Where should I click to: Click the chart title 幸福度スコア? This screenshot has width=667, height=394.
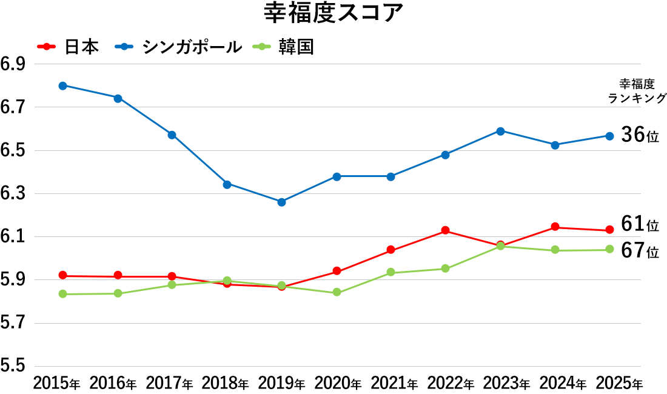pos(333,13)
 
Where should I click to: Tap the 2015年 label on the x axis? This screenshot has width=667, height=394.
pos(56,383)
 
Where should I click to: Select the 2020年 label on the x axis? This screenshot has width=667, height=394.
pos(337,383)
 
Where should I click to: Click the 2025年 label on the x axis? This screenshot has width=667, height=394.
pos(619,383)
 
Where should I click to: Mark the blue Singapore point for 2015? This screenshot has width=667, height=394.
pos(62,85)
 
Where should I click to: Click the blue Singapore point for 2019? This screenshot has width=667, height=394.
pos(281,202)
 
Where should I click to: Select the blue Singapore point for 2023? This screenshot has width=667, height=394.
pos(500,131)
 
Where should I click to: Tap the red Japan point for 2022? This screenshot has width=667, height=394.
pos(445,230)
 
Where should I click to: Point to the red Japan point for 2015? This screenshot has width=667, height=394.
pos(62,276)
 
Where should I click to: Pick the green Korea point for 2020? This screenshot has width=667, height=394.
pos(337,293)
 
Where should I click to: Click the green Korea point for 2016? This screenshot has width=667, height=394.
pos(118,293)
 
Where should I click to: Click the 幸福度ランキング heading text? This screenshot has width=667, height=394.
pos(637,91)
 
